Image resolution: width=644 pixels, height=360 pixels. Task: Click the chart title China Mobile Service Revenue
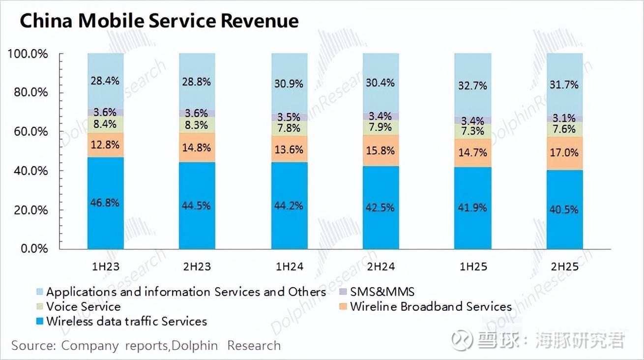tap(159, 21)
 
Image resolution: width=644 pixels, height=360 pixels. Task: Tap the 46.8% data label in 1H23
tap(105, 203)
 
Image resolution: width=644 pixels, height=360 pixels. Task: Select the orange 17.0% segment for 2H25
tap(564, 153)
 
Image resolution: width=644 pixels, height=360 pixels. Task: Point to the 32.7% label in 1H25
tap(472, 86)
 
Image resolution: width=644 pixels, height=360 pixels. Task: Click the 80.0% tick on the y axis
tap(28, 92)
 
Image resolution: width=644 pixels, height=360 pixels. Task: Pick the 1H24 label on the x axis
tap(289, 267)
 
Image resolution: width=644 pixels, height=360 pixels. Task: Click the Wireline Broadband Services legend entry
tap(430, 306)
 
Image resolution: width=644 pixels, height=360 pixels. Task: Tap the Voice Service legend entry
tap(83, 306)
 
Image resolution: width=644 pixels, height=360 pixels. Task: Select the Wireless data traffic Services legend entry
tap(126, 321)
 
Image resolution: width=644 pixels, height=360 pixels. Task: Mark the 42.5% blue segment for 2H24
tap(381, 208)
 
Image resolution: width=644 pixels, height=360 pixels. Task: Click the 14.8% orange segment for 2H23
tap(197, 147)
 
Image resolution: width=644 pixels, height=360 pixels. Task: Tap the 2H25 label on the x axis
tap(564, 267)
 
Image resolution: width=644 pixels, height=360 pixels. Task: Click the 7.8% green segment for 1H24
tap(289, 128)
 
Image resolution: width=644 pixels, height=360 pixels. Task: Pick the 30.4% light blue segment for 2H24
tap(381, 83)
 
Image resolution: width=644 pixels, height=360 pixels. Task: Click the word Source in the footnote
tap(31, 345)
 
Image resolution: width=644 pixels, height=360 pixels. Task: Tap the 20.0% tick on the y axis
tap(28, 210)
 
